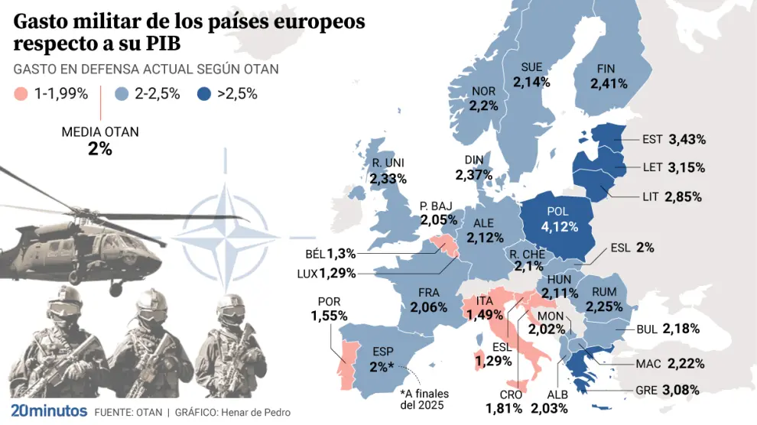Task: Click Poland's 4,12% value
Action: point(560,227)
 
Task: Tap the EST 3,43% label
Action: point(674,139)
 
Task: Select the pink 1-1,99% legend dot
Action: point(22,95)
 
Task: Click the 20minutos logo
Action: point(49,411)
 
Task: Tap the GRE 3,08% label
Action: point(668,390)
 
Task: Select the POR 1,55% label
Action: point(330,309)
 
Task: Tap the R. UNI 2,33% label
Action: point(387,170)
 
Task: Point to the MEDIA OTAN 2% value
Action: point(100,149)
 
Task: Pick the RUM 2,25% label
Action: point(605,299)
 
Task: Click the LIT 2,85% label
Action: point(671,196)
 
